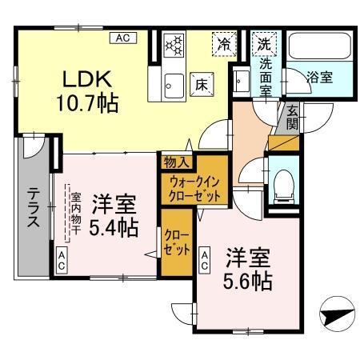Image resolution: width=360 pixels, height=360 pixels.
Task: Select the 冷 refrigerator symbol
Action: click(x=224, y=45)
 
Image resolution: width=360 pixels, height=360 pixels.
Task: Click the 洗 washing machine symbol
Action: click(x=262, y=45)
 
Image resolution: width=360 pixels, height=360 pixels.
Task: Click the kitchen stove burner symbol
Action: click(x=174, y=46)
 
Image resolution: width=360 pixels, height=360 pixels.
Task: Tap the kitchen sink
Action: click(x=173, y=82)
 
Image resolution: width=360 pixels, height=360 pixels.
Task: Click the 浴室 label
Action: click(x=320, y=78)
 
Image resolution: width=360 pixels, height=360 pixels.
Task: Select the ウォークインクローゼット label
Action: click(x=195, y=188)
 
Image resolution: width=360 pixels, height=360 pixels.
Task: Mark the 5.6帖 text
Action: click(x=249, y=281)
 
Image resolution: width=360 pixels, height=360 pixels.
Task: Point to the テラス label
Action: click(x=34, y=207)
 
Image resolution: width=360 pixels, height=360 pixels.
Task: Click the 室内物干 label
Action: click(x=74, y=211)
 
